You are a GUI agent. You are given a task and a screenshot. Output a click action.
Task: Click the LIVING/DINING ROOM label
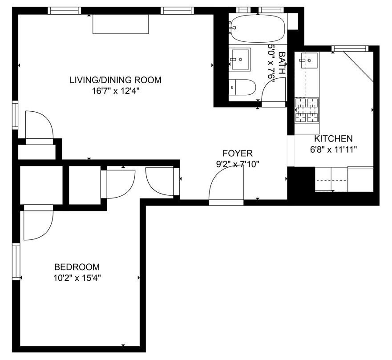click(x=116, y=80)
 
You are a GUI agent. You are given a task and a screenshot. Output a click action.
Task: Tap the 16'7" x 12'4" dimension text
click(x=116, y=91)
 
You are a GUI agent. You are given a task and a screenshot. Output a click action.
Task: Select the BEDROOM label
click(x=77, y=267)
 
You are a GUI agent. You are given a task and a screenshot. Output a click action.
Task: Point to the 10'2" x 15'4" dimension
click(x=77, y=278)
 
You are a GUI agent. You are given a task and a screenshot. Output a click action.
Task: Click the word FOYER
click(x=238, y=153)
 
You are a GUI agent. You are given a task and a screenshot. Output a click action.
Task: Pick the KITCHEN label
click(x=333, y=138)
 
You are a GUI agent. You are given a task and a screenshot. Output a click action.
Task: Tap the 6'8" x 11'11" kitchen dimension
click(x=333, y=150)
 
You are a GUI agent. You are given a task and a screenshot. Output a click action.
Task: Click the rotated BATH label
click(x=282, y=63)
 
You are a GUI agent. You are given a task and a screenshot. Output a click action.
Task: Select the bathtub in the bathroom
click(x=258, y=28)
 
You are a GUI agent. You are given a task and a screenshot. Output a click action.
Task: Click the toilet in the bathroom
click(x=242, y=88)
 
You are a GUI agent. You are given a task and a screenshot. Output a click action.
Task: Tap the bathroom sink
click(x=240, y=60)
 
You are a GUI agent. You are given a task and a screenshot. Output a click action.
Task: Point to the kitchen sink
click(x=309, y=60)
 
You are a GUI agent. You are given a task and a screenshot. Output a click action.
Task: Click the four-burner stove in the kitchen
click(x=307, y=110)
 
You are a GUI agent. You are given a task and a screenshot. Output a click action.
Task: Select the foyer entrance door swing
click(x=226, y=183)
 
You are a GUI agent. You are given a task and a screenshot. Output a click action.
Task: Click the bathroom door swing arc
click(x=274, y=89)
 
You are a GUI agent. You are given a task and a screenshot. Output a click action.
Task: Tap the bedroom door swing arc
click(x=38, y=226)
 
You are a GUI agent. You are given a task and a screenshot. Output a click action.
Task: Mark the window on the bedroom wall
click(x=16, y=261)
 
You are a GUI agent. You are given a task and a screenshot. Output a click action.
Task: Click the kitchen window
click(x=350, y=49)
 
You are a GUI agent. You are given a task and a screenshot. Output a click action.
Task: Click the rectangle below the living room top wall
click(x=121, y=24)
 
